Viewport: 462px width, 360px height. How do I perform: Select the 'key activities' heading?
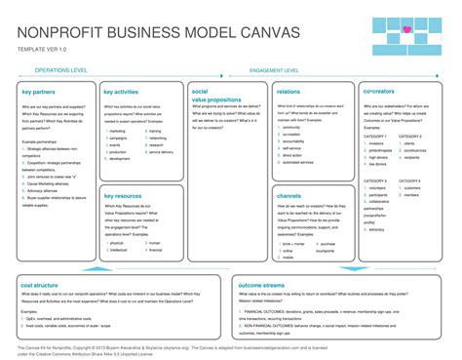121,92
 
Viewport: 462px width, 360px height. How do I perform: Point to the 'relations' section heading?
288,92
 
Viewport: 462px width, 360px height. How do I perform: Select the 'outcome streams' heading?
263,284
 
